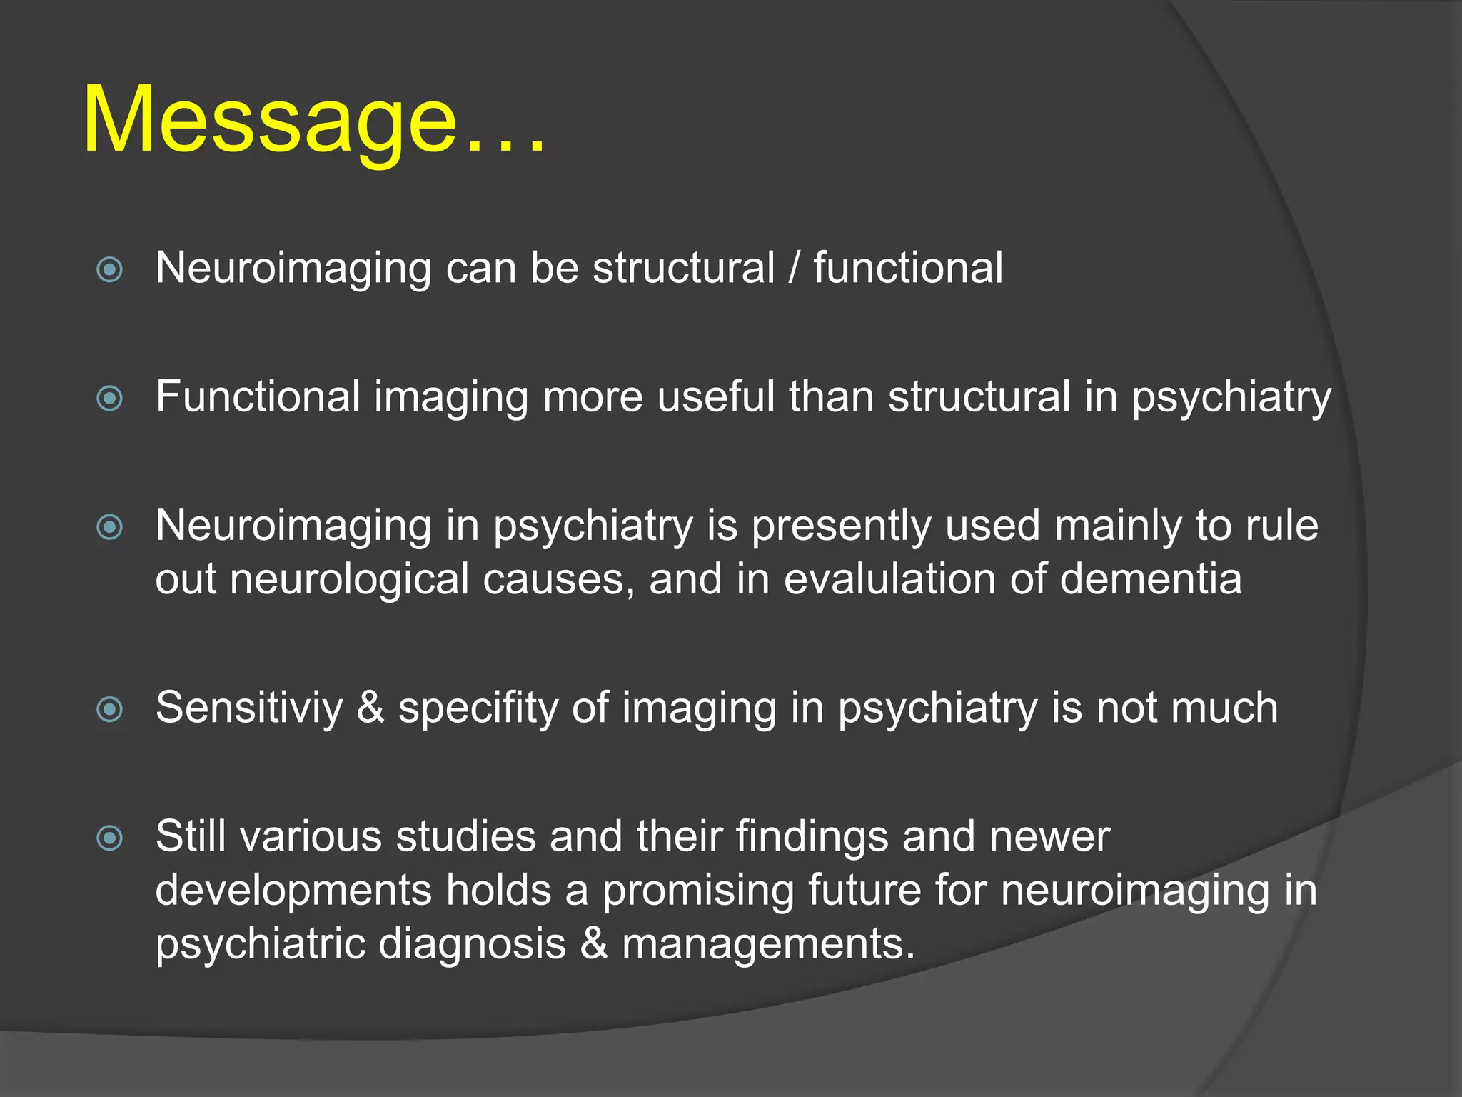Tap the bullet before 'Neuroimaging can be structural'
click(110, 269)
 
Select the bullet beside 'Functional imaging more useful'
click(110, 398)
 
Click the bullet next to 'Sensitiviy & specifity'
click(110, 709)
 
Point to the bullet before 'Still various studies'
click(110, 838)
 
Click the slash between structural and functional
click(794, 268)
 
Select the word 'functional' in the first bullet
click(908, 268)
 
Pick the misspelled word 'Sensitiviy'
click(249, 708)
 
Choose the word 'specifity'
click(478, 709)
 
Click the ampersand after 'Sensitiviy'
click(370, 708)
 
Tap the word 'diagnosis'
click(472, 944)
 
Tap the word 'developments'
click(293, 891)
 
